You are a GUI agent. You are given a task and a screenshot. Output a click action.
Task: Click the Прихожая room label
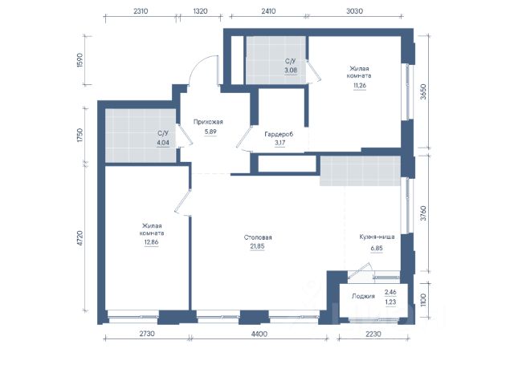pos(208,122)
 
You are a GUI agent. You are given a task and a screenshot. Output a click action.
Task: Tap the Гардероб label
pos(279,134)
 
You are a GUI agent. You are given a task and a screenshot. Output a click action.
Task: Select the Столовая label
pos(258,237)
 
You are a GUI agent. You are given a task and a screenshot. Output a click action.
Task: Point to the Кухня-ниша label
pos(377,237)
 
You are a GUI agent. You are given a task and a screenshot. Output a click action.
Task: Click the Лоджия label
pos(363,296)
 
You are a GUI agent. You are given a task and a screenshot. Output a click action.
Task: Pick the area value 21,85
pos(257,246)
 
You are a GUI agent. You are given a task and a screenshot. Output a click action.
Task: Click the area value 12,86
pos(152,242)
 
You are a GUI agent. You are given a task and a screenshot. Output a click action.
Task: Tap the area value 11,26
pos(360,86)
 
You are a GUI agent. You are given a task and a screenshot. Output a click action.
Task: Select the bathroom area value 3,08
pos(291,70)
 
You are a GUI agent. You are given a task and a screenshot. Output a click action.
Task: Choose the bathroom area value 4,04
pos(163,143)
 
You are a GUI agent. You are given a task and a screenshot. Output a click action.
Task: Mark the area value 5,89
pos(210,132)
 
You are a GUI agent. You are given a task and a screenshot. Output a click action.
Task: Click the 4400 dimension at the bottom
pos(259,334)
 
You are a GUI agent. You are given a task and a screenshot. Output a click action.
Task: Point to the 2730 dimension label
pos(147,334)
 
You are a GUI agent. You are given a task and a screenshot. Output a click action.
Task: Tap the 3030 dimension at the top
pos(354,11)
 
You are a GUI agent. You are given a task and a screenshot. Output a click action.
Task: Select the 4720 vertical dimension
pos(80,238)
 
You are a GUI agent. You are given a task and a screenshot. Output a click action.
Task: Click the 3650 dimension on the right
pos(423,92)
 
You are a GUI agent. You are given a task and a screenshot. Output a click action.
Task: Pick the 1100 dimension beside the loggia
pos(423,300)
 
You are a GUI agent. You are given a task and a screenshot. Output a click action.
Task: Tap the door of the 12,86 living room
pos(182,201)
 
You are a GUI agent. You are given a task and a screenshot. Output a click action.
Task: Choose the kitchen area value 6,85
pos(377,248)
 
